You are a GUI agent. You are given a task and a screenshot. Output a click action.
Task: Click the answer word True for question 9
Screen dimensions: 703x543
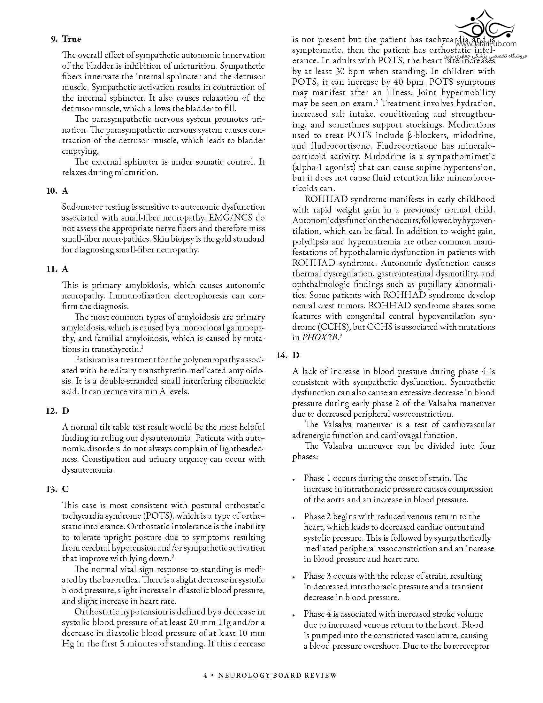[72, 39]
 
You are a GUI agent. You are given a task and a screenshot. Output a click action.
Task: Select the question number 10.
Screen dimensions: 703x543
[51, 191]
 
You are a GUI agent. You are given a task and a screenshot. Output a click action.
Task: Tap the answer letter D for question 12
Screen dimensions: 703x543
[65, 411]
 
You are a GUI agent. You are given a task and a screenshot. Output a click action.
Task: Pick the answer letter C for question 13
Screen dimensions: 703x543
[65, 489]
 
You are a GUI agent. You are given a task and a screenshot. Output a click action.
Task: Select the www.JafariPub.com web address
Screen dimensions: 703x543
[486, 44]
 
